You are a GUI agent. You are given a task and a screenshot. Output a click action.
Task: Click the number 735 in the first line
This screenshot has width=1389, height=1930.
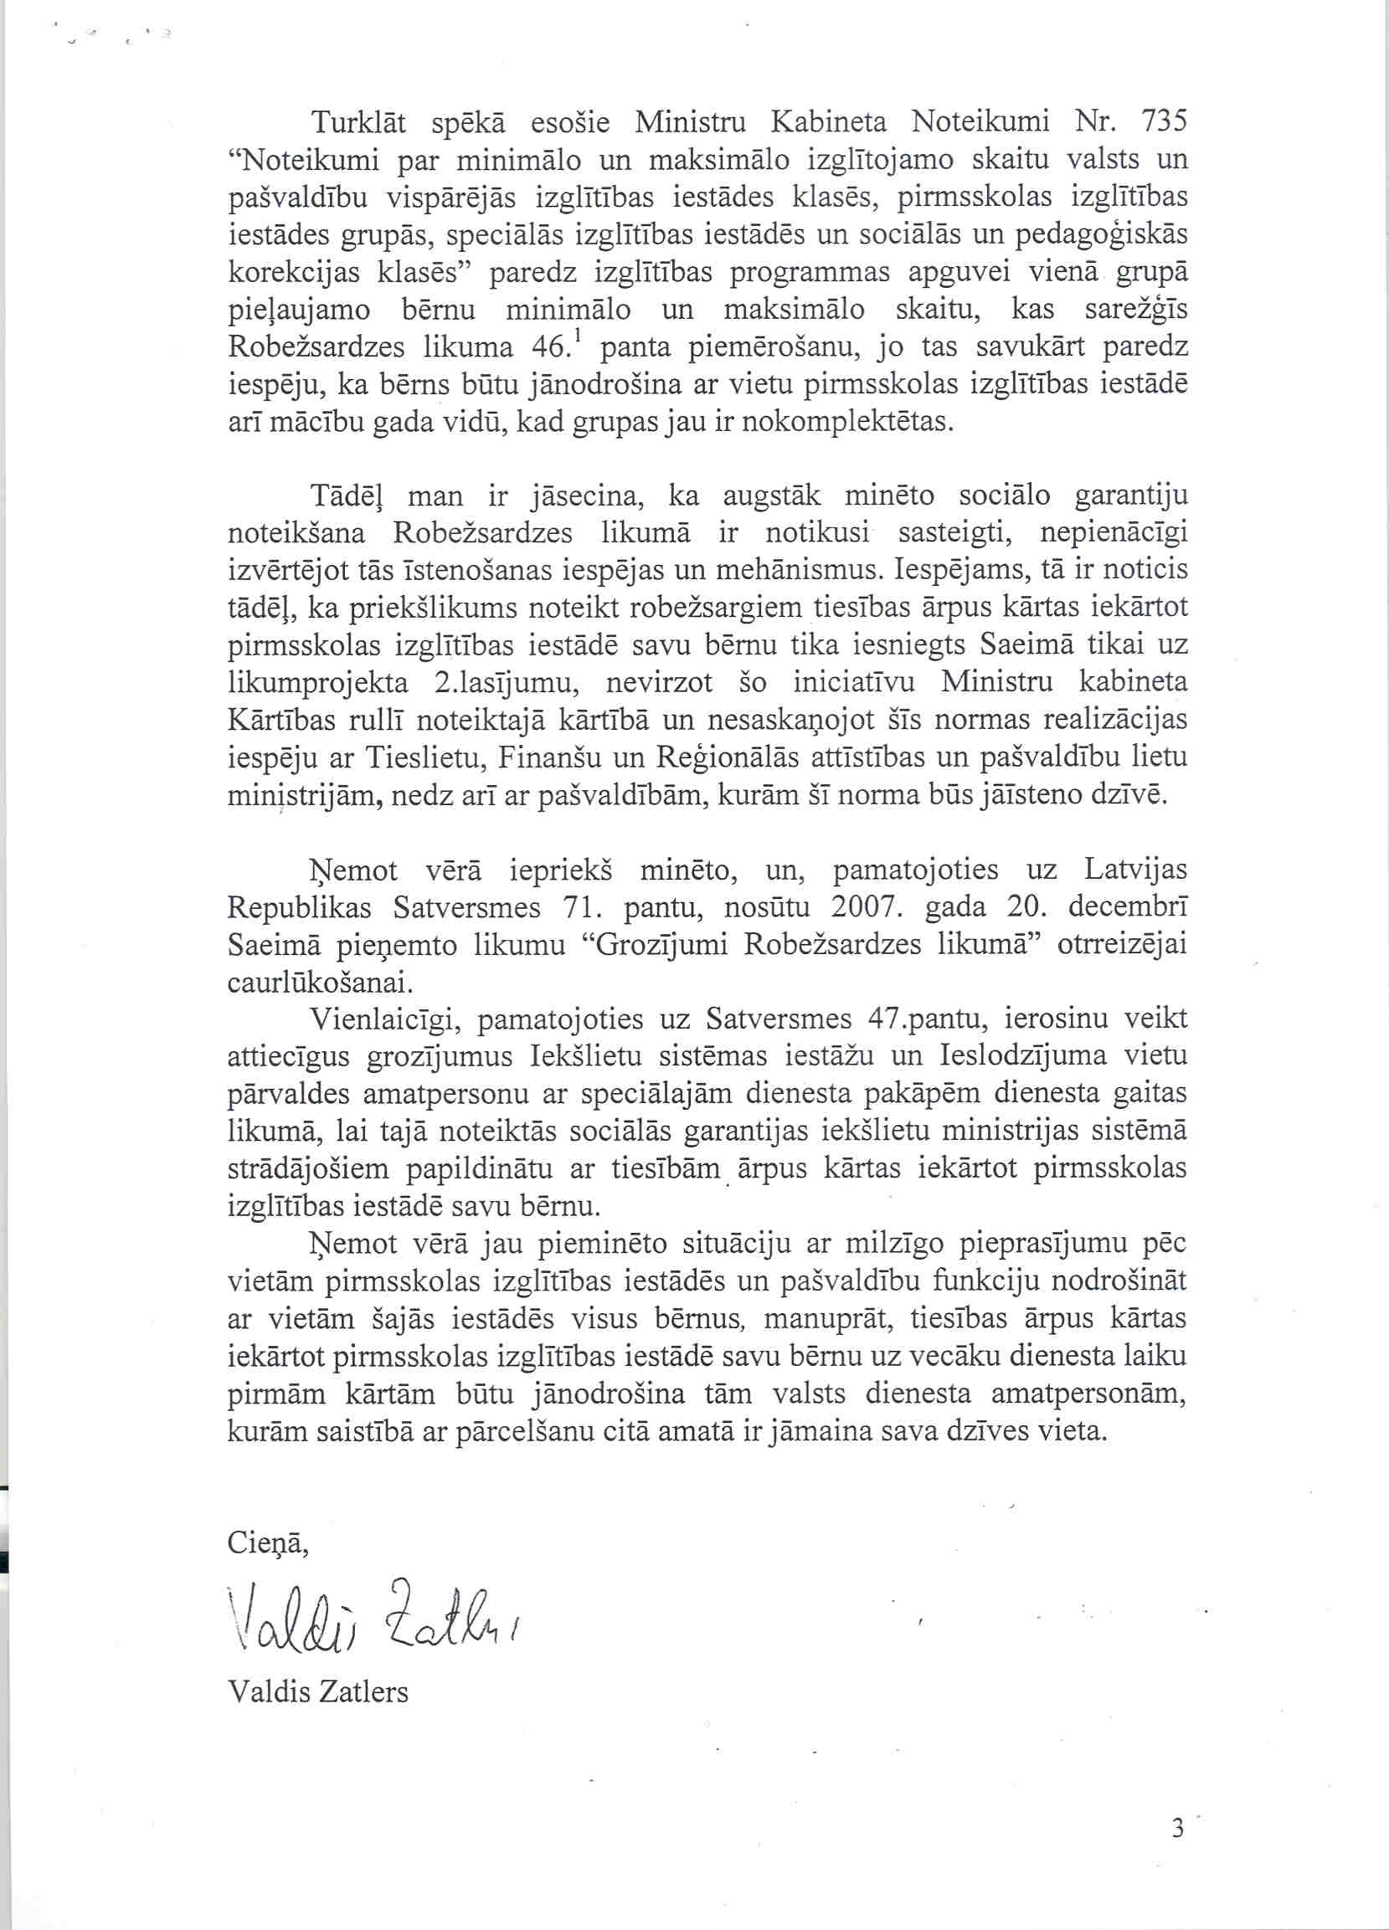(1162, 122)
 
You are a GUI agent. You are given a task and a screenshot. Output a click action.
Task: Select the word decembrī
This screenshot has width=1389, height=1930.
(1128, 907)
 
